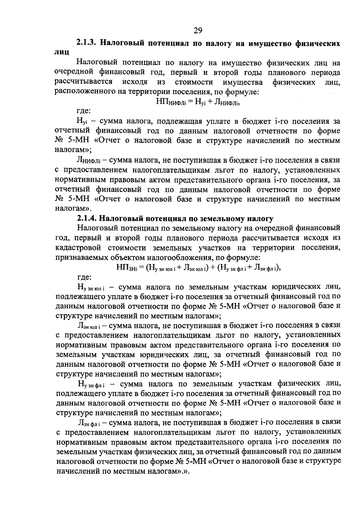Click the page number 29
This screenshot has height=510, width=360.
coord(198,30)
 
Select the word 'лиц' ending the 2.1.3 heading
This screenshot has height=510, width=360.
coord(62,52)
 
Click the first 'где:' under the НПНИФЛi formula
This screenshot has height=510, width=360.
coord(84,111)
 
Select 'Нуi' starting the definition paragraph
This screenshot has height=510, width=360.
coord(82,122)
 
